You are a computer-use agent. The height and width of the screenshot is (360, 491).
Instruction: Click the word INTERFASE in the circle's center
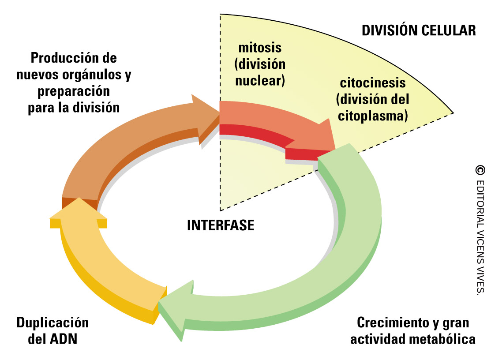pyautogui.click(x=221, y=225)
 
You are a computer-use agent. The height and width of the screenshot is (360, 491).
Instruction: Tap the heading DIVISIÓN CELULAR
pyautogui.click(x=418, y=30)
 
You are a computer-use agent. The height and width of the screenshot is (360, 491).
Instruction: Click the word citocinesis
pyautogui.click(x=372, y=82)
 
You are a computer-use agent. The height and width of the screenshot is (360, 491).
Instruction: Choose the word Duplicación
pyautogui.click(x=52, y=322)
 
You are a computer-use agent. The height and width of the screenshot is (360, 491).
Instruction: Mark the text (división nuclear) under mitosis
pyautogui.click(x=260, y=72)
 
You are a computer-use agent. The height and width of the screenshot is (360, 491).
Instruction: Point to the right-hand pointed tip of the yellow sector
pyautogui.click(x=452, y=113)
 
